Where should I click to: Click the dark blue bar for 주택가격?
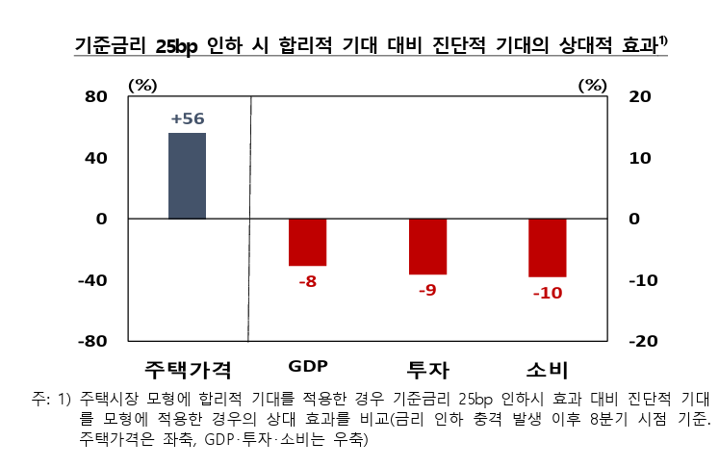click(x=187, y=176)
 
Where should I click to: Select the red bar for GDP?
click(x=308, y=242)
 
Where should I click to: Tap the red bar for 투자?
click(x=427, y=247)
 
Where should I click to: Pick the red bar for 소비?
click(x=547, y=247)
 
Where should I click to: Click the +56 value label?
click(x=187, y=118)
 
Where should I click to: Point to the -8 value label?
click(x=308, y=282)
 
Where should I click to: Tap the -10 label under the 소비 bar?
click(x=547, y=293)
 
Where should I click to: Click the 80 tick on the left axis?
click(x=95, y=96)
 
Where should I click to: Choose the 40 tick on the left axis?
click(x=95, y=158)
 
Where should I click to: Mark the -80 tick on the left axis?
click(x=91, y=342)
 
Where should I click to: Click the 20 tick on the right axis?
click(x=640, y=96)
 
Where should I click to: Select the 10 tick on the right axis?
click(x=640, y=158)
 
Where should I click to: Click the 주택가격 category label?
click(x=188, y=370)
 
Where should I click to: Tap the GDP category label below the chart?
click(x=308, y=367)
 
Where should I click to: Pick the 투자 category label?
click(x=428, y=370)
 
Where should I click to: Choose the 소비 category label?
click(x=547, y=370)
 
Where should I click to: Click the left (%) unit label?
click(x=142, y=85)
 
